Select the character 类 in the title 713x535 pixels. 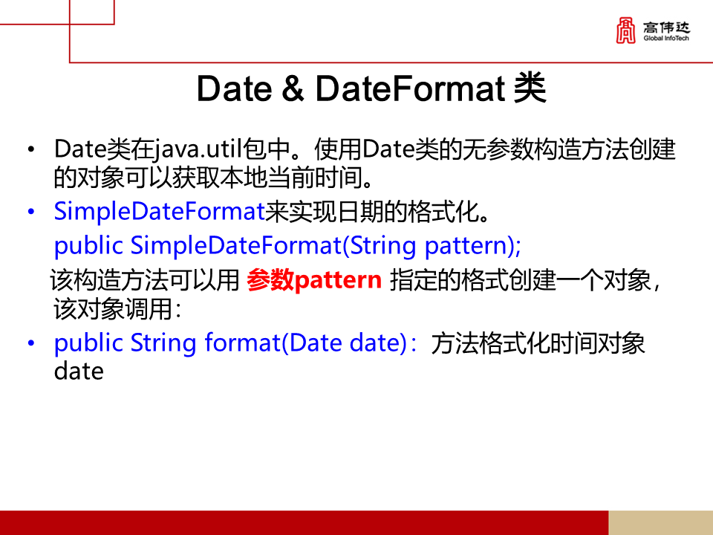click(530, 89)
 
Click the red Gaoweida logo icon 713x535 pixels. click(627, 30)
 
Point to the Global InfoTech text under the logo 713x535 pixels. click(666, 38)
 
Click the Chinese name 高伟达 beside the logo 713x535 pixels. click(666, 27)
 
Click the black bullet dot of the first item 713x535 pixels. click(30, 151)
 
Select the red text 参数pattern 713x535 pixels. click(314, 281)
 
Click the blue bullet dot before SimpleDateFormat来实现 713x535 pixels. click(30, 213)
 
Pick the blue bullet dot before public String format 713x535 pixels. click(30, 344)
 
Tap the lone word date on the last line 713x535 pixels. click(78, 371)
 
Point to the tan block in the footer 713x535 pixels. click(660, 522)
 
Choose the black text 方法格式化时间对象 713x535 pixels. click(538, 343)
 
